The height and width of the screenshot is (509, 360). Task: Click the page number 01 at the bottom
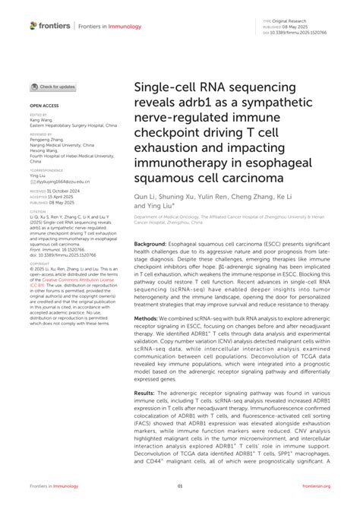(x=180, y=486)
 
